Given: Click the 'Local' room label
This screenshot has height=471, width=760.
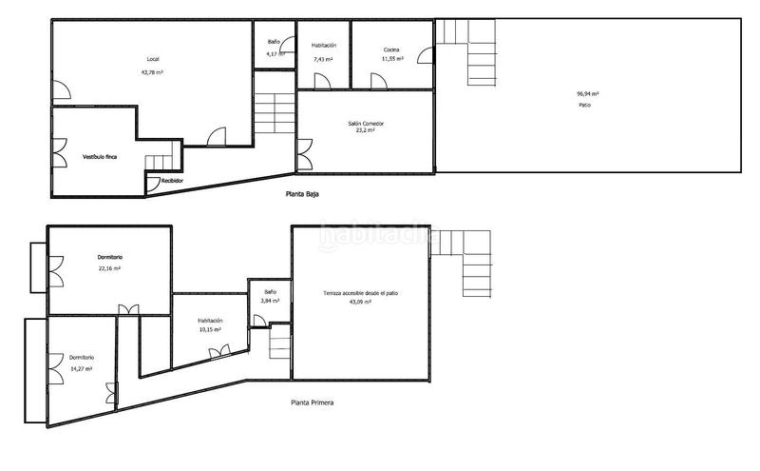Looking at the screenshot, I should [153, 60].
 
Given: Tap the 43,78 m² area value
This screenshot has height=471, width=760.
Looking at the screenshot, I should [152, 72].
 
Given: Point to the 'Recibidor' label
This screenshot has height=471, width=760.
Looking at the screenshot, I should [172, 180].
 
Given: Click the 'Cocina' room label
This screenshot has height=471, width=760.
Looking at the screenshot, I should [391, 49].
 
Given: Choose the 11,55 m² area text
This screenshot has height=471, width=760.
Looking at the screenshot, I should [392, 59].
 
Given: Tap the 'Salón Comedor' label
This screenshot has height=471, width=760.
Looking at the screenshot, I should [366, 124].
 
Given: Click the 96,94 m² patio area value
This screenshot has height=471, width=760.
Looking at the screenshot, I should [587, 93].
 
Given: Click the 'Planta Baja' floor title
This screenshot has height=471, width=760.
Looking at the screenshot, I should [303, 193].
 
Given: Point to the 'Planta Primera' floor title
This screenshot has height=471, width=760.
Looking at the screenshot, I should [313, 402].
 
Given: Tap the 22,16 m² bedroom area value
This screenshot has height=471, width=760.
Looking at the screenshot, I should [109, 268].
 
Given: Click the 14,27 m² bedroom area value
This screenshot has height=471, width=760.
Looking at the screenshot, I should [81, 368].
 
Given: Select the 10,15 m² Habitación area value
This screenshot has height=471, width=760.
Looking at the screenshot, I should [210, 330].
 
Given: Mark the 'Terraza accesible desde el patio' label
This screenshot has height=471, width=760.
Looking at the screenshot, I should [360, 293].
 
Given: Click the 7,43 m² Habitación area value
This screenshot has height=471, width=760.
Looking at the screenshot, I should [324, 59].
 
